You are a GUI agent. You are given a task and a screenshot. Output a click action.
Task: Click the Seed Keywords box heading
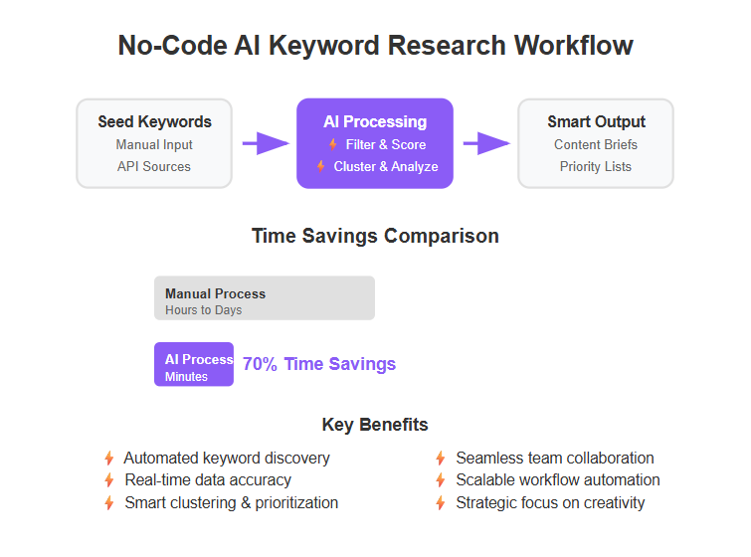click(155, 121)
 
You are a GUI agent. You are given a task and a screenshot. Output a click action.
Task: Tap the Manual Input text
click(154, 144)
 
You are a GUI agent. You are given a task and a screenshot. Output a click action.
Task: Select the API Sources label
click(154, 166)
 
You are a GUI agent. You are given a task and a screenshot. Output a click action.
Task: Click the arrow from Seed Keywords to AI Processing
click(266, 143)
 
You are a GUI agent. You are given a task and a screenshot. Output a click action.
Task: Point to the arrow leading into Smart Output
click(486, 143)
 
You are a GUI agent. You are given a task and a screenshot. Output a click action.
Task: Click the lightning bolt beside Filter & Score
click(333, 144)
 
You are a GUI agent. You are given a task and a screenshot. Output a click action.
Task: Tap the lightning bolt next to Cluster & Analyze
click(321, 166)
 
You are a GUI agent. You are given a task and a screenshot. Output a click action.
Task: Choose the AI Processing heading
click(375, 121)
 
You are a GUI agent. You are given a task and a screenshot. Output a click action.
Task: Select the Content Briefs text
click(596, 144)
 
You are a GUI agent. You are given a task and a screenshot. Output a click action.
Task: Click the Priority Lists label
click(596, 166)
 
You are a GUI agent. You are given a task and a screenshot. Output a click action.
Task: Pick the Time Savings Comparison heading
click(376, 236)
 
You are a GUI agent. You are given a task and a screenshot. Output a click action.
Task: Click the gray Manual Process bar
click(265, 298)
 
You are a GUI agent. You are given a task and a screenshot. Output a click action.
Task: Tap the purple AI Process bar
click(194, 364)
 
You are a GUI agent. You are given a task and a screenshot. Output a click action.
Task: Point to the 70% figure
click(260, 364)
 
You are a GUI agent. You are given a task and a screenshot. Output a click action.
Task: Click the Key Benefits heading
click(375, 425)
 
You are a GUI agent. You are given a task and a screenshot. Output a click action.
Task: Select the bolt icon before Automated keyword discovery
click(109, 459)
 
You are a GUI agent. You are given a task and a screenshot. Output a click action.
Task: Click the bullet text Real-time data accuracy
click(208, 479)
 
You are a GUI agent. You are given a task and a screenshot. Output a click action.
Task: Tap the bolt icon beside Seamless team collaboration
click(441, 459)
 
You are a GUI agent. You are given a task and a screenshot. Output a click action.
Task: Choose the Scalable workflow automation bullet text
click(558, 479)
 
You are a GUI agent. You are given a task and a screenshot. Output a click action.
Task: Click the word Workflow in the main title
click(573, 46)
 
